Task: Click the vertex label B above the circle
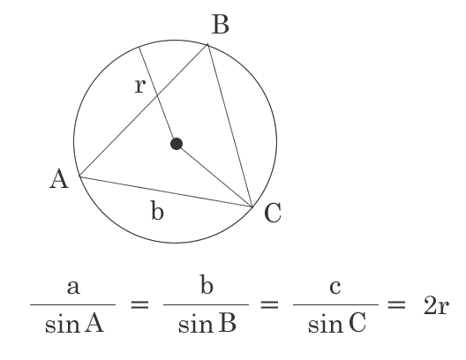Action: pyautogui.click(x=221, y=25)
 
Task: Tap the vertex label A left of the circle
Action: pyautogui.click(x=59, y=179)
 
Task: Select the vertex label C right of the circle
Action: pyautogui.click(x=273, y=213)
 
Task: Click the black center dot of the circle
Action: pyautogui.click(x=177, y=144)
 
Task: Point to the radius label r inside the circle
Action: pyautogui.click(x=140, y=86)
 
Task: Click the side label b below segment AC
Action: pyautogui.click(x=157, y=210)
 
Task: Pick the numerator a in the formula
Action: pyautogui.click(x=73, y=288)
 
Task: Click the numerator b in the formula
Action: pyautogui.click(x=207, y=284)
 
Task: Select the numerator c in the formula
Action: pyautogui.click(x=335, y=288)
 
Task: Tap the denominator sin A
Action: pyautogui.click(x=74, y=323)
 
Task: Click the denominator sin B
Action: pyautogui.click(x=207, y=323)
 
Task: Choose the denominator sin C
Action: pyautogui.click(x=337, y=323)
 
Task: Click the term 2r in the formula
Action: pyautogui.click(x=436, y=306)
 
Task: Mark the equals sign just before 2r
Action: pyautogui.click(x=396, y=305)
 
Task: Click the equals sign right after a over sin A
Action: pyautogui.click(x=139, y=305)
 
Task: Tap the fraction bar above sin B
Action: pyautogui.click(x=206, y=304)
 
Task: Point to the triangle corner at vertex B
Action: pyautogui.click(x=207, y=44)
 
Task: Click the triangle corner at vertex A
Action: pyautogui.click(x=79, y=176)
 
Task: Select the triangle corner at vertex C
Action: pyautogui.click(x=252, y=206)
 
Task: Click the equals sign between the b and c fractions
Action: pyautogui.click(x=269, y=305)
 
